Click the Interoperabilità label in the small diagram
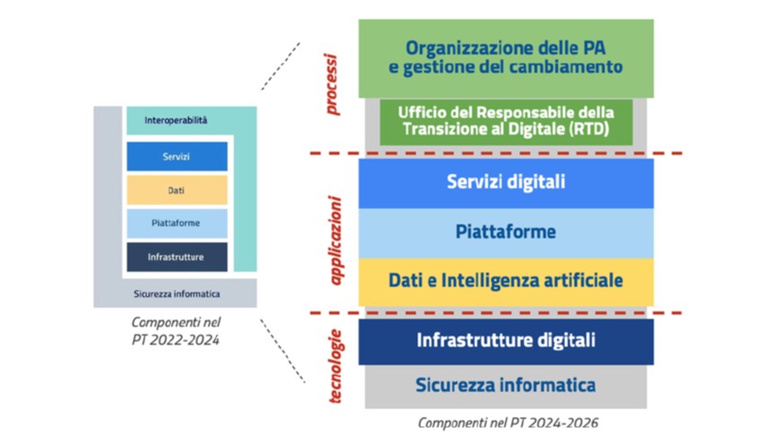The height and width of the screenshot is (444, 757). point(176,120)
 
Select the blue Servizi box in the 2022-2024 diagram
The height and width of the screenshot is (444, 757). point(178,156)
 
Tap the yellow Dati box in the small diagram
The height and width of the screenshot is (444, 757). point(178,190)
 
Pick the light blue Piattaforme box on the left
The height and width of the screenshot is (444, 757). point(178,223)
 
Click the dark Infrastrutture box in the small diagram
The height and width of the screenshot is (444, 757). point(178,257)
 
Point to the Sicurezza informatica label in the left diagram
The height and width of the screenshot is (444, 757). point(177,293)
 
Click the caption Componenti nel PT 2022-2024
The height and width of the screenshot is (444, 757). point(176,331)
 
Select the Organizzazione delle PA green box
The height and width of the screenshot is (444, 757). point(506,58)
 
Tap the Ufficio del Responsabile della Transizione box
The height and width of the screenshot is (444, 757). point(506,122)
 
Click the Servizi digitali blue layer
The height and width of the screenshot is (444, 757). point(506,183)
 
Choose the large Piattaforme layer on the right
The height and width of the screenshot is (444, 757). point(506,233)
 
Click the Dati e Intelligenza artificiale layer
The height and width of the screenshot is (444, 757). point(506,282)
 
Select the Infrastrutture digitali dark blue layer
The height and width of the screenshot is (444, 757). point(506,342)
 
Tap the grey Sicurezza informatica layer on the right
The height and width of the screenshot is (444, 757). point(506,387)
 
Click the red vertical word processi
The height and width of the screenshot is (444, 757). point(332,84)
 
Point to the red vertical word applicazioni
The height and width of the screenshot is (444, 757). point(335,240)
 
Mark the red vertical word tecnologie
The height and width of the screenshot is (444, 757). point(335,366)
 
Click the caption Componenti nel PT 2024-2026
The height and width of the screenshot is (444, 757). point(508,422)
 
